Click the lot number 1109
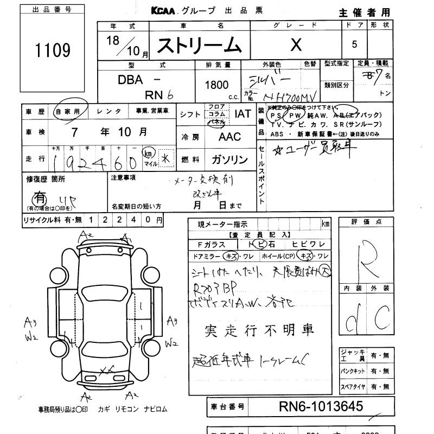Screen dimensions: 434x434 pos(53,50)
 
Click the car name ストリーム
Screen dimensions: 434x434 pos(199,45)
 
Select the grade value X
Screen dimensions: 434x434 pos(295,45)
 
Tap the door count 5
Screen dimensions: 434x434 pos(354,45)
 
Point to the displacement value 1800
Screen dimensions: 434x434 pos(216,85)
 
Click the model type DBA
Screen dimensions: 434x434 pos(131,80)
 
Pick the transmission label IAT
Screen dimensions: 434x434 pos(242,114)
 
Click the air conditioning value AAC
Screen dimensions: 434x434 pos(229,137)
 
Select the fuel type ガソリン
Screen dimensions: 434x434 pos(229,160)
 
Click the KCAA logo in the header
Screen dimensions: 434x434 pos(167,11)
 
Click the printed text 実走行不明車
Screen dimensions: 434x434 pos(259,330)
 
